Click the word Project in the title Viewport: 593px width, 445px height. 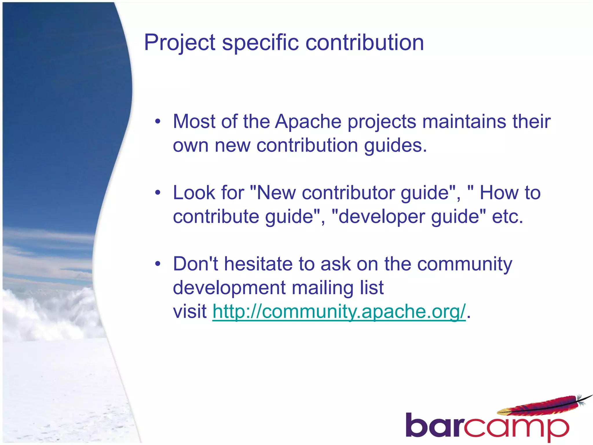point(180,43)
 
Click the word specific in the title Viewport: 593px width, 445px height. point(260,43)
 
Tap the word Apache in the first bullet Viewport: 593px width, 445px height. point(308,122)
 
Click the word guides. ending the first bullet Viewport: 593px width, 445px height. point(395,145)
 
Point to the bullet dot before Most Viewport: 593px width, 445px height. point(158,122)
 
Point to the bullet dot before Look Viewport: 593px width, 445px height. point(158,193)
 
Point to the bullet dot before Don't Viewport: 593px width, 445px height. point(158,264)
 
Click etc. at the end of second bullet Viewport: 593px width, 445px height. point(508,217)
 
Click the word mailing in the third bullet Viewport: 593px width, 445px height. point(322,288)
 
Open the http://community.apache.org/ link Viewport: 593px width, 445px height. point(339,312)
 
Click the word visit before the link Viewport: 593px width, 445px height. point(190,312)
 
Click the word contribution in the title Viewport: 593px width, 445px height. point(365,43)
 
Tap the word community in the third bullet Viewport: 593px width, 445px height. point(464,264)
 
